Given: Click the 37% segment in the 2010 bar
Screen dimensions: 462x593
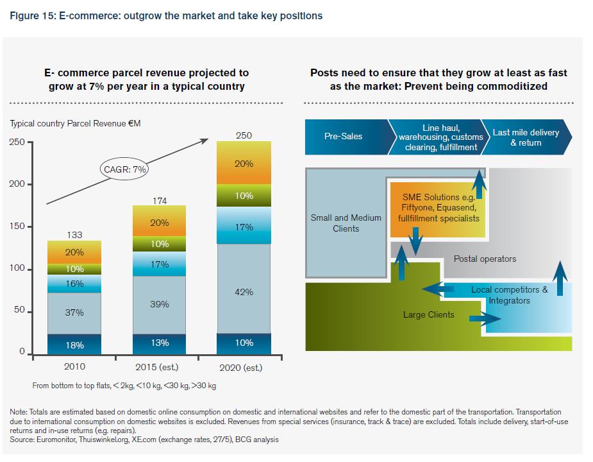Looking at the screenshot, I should pos(74,312).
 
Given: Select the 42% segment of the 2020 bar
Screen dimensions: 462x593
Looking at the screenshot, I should pos(244,292).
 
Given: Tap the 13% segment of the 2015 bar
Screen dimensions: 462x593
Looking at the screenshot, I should pos(159,343).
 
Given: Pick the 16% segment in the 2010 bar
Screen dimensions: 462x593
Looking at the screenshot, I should pos(74,284).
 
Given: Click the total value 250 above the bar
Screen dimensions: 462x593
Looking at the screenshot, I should pos(244,135).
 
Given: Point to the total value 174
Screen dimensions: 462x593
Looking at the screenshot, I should pos(159,201).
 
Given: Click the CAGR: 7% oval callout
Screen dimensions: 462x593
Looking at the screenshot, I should pos(125,170).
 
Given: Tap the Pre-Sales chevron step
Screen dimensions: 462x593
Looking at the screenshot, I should pos(344,137).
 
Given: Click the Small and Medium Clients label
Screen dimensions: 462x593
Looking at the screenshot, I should pos(346,223).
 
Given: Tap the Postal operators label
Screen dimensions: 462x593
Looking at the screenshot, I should pos(485,259).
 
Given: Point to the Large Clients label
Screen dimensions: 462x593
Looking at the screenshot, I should pos(428,314).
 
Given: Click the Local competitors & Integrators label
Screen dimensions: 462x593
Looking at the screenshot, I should pos(509,295).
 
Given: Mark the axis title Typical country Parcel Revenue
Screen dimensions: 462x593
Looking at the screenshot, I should pos(75,123).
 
